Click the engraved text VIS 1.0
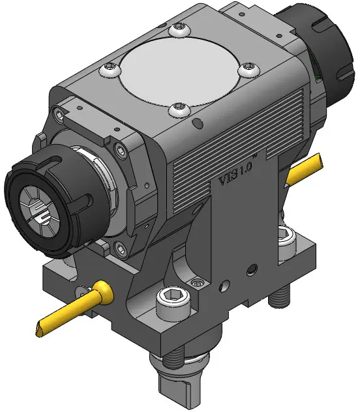pyautogui.click(x=235, y=173)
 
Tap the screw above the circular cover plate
pyautogui.click(x=179, y=29)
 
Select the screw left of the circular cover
pyautogui.click(x=110, y=69)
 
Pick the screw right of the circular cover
pyautogui.click(x=249, y=69)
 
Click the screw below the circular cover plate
pyautogui.click(x=179, y=110)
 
